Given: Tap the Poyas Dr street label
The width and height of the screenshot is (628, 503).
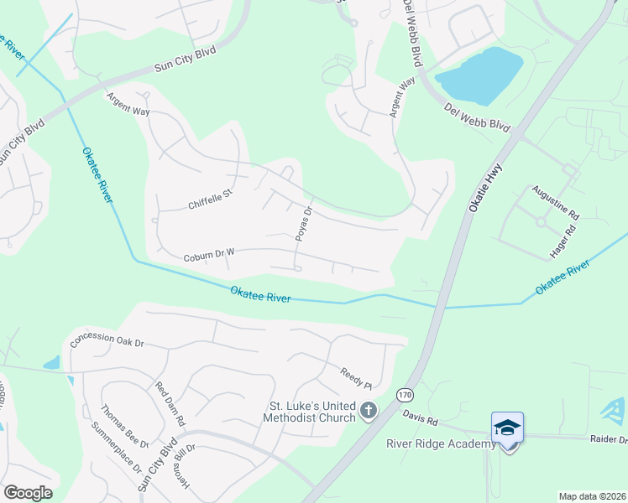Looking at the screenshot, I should (x=304, y=224).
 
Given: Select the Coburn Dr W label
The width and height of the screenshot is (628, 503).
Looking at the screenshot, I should (x=209, y=257).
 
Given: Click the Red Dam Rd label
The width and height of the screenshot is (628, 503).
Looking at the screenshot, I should (x=170, y=402).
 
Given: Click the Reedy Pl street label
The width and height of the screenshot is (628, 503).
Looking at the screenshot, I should (x=356, y=378).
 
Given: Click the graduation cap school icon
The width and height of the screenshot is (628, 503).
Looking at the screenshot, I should (x=508, y=428).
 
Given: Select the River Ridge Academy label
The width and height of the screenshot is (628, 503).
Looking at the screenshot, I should (x=441, y=443).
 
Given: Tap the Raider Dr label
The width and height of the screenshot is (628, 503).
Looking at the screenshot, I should (x=610, y=438).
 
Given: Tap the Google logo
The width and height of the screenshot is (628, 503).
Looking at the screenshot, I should (x=28, y=492).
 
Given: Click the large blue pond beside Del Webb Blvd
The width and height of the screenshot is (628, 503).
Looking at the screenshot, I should (x=479, y=74).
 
